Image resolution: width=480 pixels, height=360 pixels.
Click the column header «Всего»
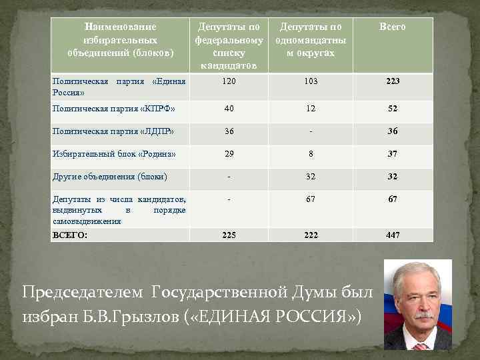[x=392, y=27]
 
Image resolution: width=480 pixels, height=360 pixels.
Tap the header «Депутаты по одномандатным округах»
[x=310, y=39]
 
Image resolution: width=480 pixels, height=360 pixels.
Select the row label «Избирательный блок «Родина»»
[x=114, y=154]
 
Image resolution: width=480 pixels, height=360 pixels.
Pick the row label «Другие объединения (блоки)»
[x=109, y=177]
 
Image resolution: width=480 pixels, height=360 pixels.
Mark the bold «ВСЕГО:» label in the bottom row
[x=69, y=235]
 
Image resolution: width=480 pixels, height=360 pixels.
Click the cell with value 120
[x=229, y=81]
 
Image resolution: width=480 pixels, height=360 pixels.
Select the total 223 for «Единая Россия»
[x=392, y=81]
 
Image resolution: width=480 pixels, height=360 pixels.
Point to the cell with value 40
[x=229, y=108]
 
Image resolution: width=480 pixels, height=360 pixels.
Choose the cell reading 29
[x=229, y=154]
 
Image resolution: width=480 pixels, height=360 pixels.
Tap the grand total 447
[x=392, y=235]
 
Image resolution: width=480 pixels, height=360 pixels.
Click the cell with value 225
[x=229, y=235]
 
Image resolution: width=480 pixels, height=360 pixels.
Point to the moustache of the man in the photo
[x=418, y=312]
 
